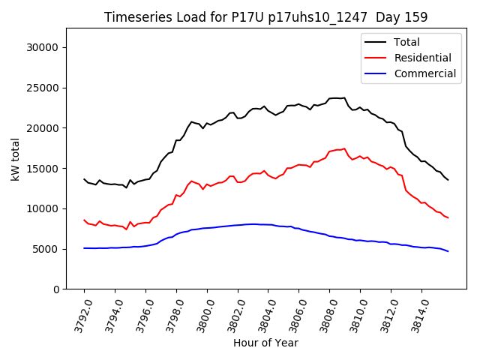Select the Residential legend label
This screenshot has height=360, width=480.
(x=422, y=58)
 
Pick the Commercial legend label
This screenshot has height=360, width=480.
(x=424, y=73)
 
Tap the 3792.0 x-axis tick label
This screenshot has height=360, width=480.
(x=77, y=316)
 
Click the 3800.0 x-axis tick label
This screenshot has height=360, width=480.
(x=200, y=316)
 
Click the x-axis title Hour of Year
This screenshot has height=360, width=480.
(x=265, y=343)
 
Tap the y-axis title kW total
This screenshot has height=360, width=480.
(x=15, y=159)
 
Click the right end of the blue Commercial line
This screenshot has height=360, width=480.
(x=448, y=251)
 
